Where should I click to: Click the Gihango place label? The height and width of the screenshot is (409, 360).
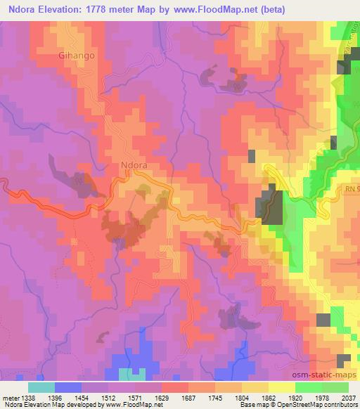pyautogui.click(x=77, y=54)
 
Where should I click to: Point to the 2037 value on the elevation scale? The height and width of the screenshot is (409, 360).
pyautogui.click(x=348, y=397)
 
